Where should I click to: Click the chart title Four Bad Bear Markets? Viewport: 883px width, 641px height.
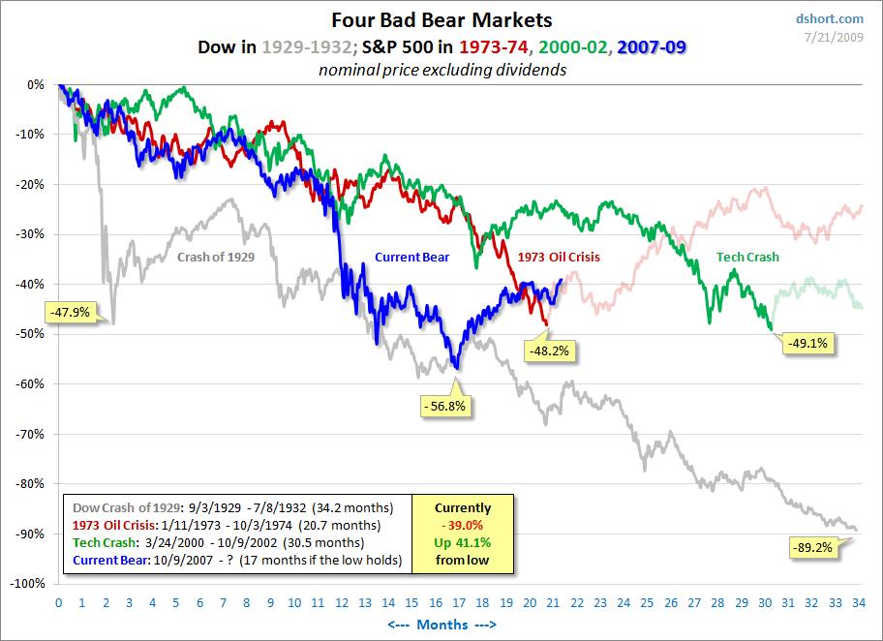click(441, 19)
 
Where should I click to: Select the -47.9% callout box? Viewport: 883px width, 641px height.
click(70, 312)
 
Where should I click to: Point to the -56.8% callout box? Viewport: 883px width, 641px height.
click(446, 407)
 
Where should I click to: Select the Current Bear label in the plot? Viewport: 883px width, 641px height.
click(412, 257)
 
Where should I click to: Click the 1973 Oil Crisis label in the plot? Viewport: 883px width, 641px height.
click(559, 257)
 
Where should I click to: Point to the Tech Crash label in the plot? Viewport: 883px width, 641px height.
click(747, 257)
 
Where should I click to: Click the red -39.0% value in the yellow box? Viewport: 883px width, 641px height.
click(463, 525)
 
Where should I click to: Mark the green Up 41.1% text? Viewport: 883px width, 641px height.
click(463, 542)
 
